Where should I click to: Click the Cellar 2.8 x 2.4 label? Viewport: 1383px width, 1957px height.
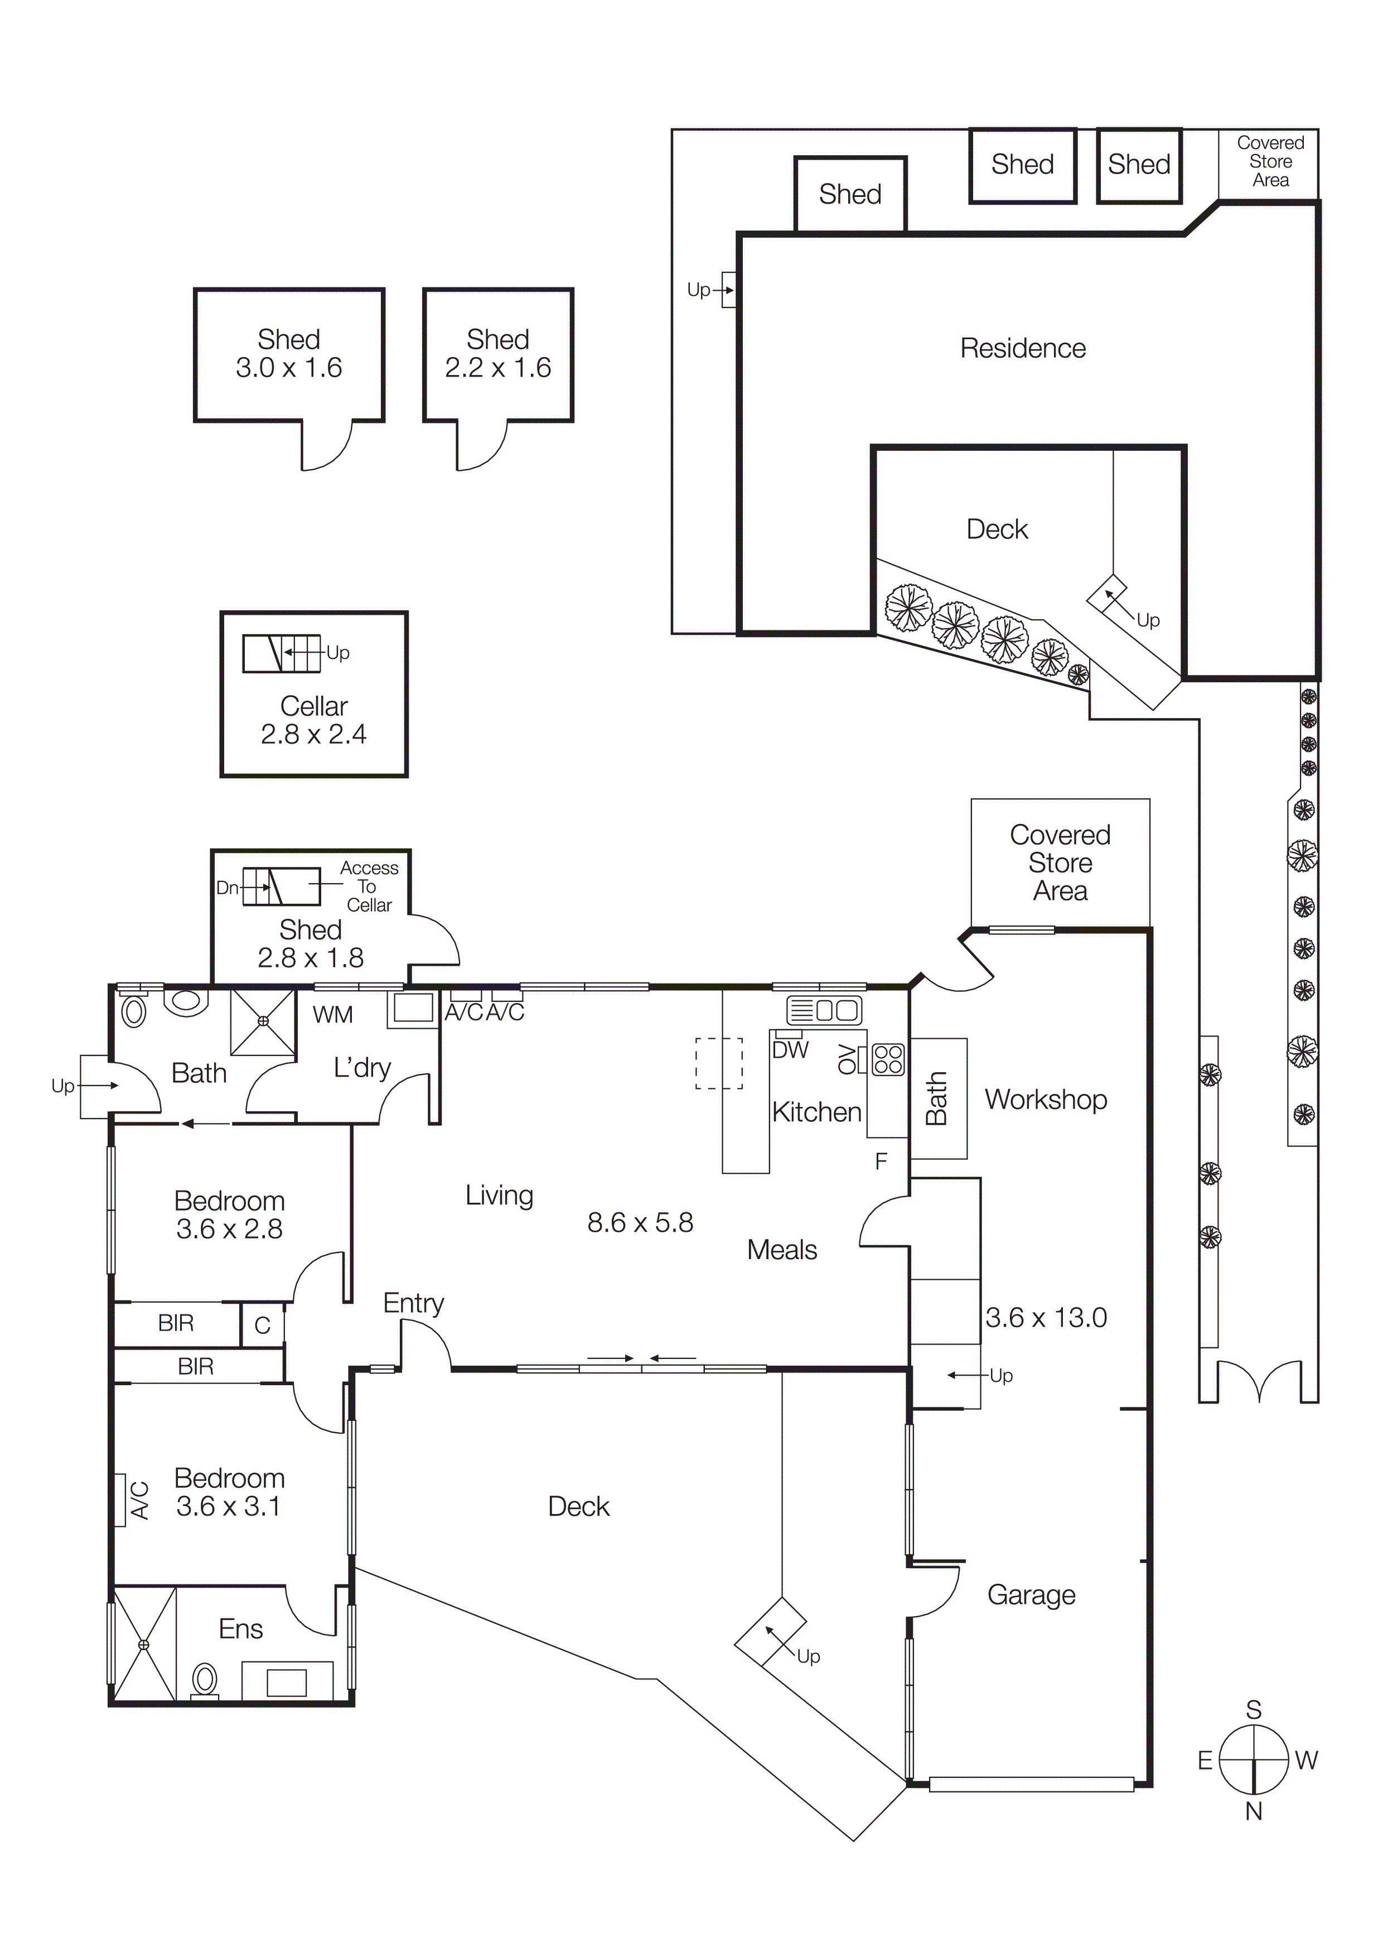[x=313, y=720]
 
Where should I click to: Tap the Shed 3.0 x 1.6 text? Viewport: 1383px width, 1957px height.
[x=289, y=354]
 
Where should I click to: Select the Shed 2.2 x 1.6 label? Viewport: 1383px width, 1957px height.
[x=497, y=354]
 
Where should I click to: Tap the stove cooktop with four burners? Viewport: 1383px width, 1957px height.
[x=888, y=1059]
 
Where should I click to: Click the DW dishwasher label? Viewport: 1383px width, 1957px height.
[x=790, y=1050]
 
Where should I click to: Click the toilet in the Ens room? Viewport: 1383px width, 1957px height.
[x=205, y=1680]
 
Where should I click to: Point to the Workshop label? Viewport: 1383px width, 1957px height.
[x=1046, y=1100]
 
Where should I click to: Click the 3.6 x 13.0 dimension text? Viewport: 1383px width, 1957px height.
[x=1046, y=1318]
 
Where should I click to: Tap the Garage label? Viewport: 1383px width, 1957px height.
[x=1031, y=1595]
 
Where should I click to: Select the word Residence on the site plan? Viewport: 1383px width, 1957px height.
[x=1023, y=349]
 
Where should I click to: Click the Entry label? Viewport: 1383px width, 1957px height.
[x=413, y=1303]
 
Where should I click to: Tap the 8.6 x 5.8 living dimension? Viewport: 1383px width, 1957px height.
[x=640, y=1223]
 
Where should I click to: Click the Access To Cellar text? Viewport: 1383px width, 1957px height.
[x=369, y=886]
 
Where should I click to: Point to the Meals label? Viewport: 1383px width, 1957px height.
[x=781, y=1250]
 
